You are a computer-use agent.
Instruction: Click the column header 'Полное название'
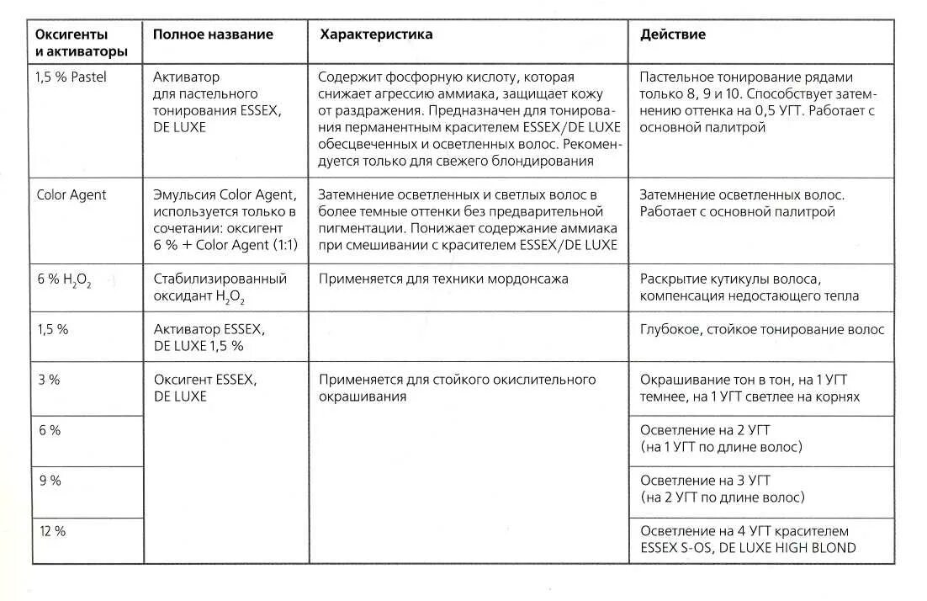pos(213,35)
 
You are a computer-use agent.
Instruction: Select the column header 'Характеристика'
pos(376,35)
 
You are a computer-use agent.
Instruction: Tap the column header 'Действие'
pos(672,35)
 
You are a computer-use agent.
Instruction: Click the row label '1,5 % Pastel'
pos(71,77)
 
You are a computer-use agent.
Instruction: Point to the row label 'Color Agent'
pos(72,194)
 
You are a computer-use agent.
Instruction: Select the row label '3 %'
pos(49,380)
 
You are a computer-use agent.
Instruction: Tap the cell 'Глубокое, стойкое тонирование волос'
pos(761,330)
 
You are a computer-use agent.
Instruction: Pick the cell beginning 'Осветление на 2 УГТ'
pos(721,438)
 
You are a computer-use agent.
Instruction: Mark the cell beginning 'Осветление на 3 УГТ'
pos(721,488)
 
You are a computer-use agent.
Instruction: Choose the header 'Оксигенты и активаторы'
pos(82,43)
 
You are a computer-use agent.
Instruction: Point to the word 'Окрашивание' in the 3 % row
pos(681,380)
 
